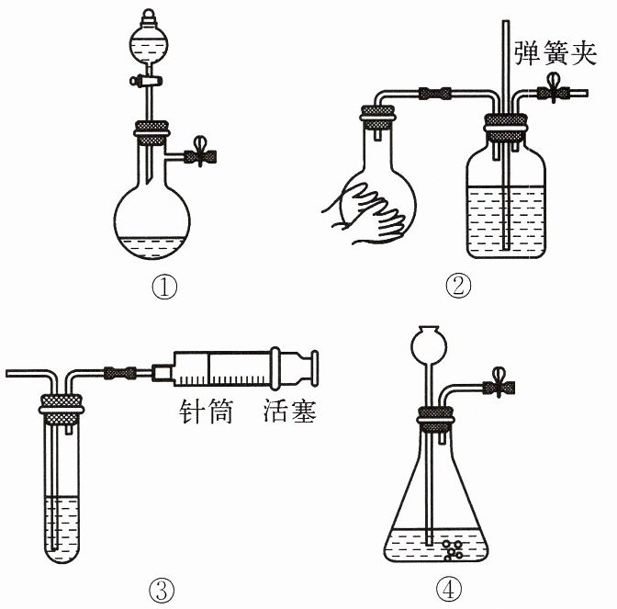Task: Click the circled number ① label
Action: coord(164,288)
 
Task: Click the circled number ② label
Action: coord(458,287)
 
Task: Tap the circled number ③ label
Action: coord(162,591)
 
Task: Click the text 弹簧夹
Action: coord(555,53)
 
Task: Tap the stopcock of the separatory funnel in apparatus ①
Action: coord(146,81)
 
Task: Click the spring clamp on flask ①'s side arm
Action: coord(201,152)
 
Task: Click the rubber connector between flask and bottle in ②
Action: coord(435,94)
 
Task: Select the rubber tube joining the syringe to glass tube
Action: coord(120,372)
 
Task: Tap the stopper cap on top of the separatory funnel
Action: coord(149,17)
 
